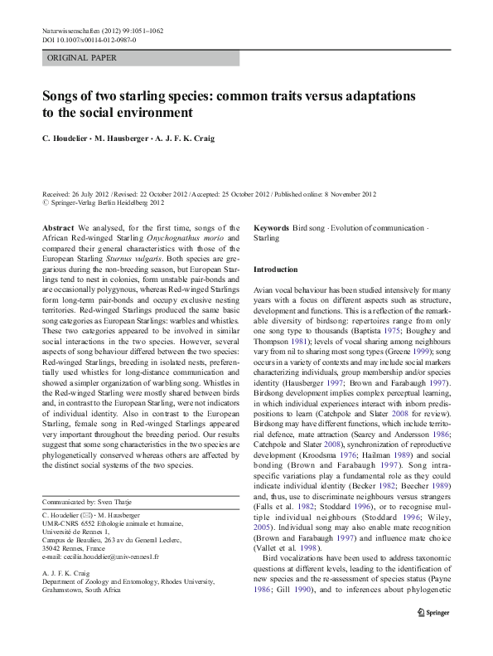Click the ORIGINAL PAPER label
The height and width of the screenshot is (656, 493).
tap(82, 58)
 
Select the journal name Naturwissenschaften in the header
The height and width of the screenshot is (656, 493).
tap(75, 30)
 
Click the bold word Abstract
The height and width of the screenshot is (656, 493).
tap(58, 227)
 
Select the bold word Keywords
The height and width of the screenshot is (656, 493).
tap(271, 227)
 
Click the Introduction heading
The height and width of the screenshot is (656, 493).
tap(275, 270)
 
